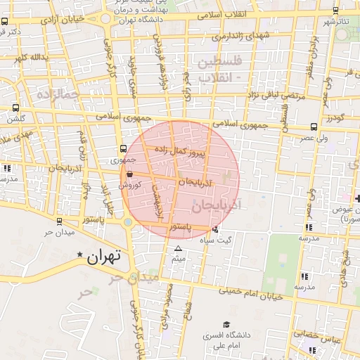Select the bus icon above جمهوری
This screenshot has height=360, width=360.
click(x=124, y=148)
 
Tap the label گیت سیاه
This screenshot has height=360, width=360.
click(x=236, y=240)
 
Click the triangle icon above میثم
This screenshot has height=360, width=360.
click(x=178, y=249)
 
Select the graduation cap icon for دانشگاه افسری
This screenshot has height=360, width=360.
click(x=226, y=325)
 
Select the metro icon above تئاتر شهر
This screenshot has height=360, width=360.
click(x=335, y=11)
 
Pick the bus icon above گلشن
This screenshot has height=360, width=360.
click(x=16, y=108)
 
